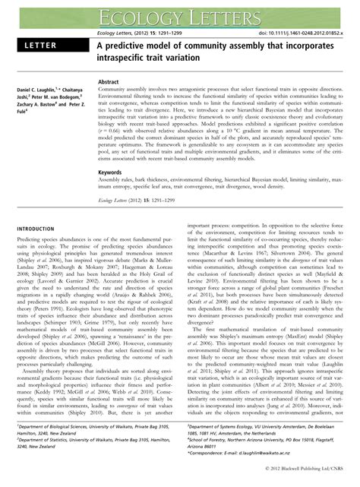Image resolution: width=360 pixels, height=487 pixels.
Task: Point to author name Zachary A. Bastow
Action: click(x=38, y=110)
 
